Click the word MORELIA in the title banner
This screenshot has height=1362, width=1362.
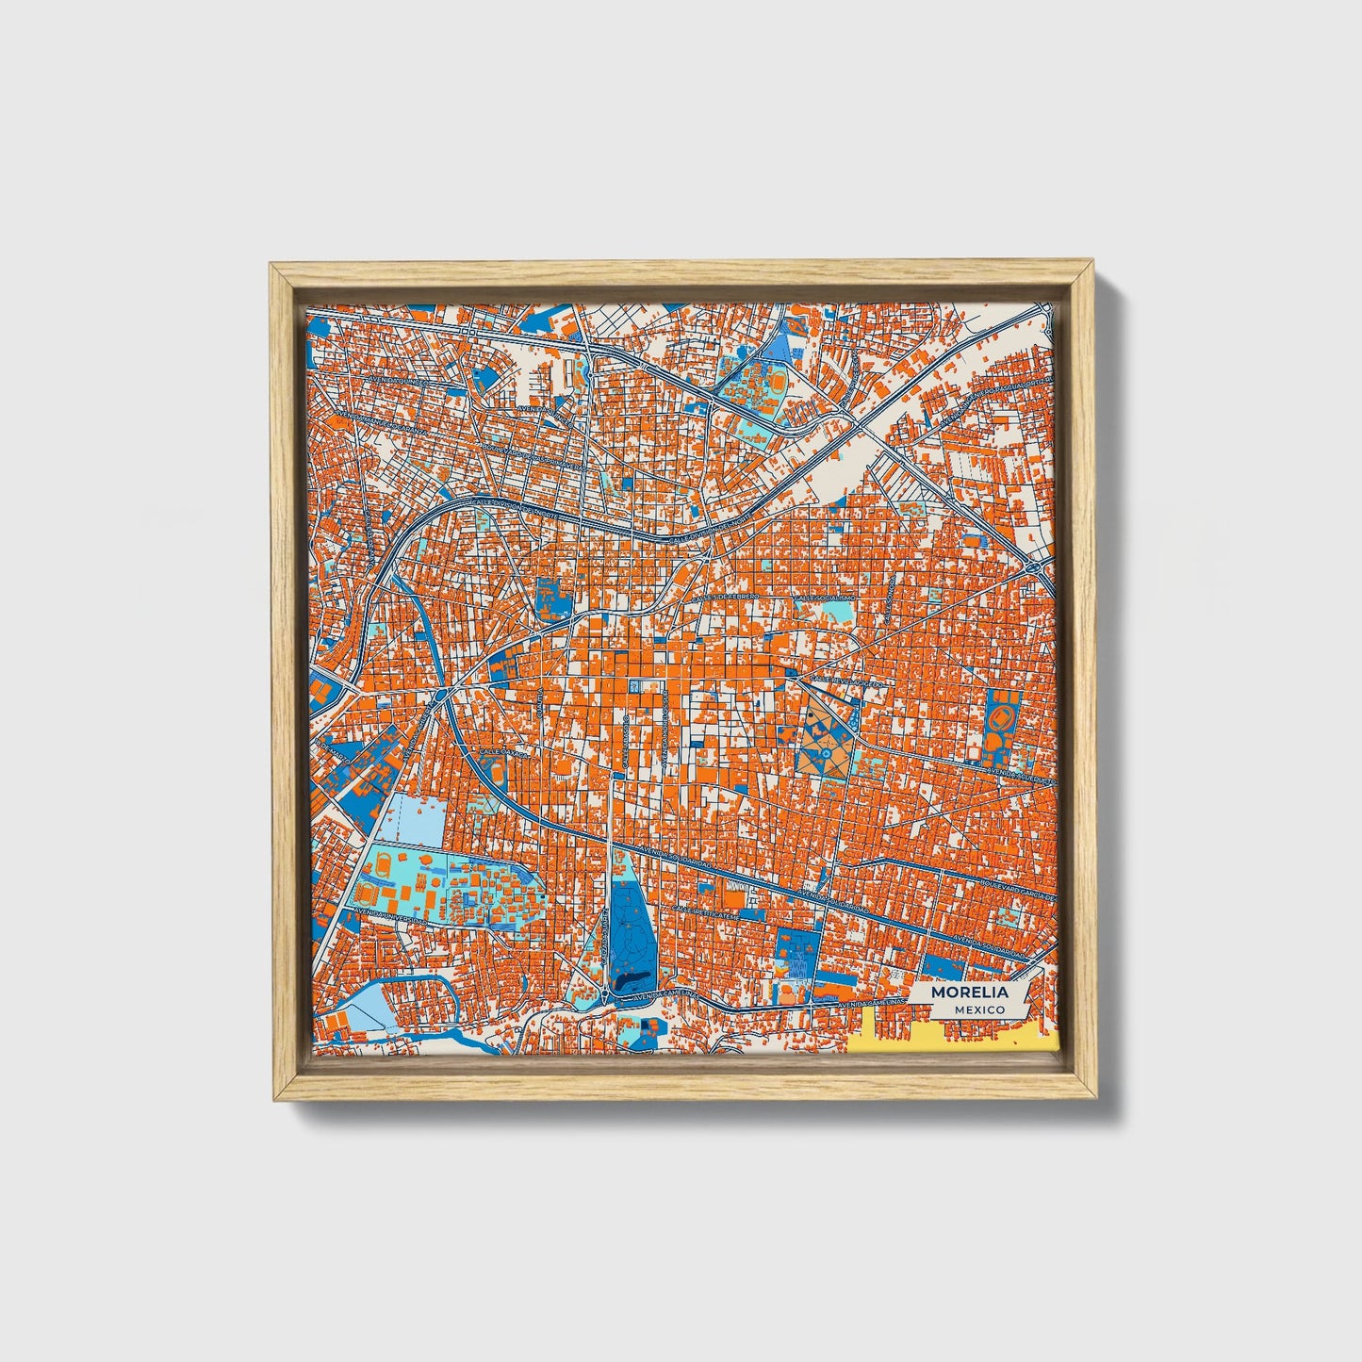click(969, 993)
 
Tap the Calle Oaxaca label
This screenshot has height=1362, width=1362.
click(506, 726)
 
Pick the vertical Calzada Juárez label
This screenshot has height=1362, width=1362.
click(600, 928)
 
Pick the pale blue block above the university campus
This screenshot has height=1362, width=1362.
click(415, 818)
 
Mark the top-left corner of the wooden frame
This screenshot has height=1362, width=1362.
click(272, 267)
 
